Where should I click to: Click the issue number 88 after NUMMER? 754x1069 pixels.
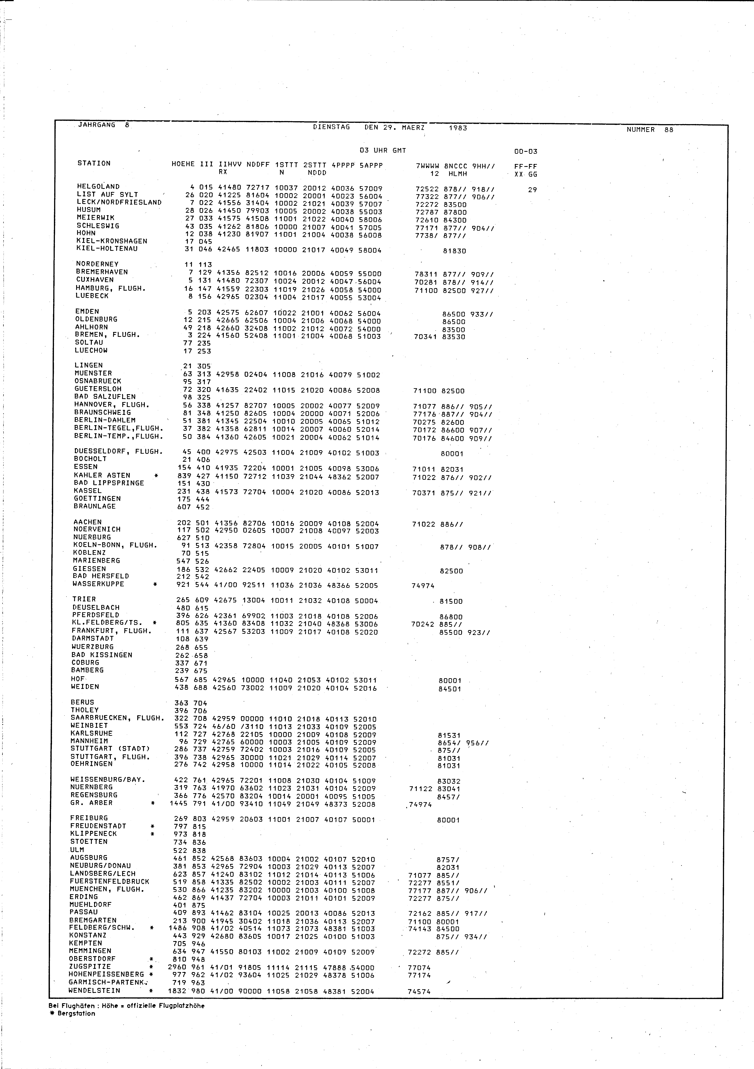pyautogui.click(x=669, y=130)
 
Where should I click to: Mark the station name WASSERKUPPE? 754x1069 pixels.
pyautogui.click(x=98, y=584)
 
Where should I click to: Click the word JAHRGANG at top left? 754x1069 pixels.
pyautogui.click(x=96, y=125)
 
